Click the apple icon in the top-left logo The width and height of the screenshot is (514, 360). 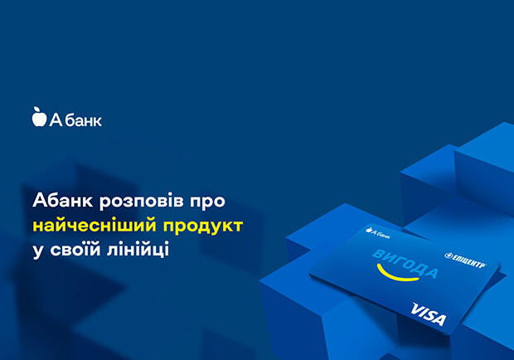pos(39,117)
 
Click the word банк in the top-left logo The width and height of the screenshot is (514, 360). pos(83,120)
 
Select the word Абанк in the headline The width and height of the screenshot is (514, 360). pos(63,201)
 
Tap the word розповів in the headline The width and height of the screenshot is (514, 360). pos(142,202)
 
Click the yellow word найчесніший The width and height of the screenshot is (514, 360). pos(95,226)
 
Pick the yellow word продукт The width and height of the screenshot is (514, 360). pos(203,226)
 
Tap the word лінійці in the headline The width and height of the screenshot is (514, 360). pos(138,249)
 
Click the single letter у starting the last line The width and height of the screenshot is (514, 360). pos(38,252)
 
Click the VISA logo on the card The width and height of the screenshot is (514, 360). pos(429,314)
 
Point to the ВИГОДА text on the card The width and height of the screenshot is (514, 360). pos(405,264)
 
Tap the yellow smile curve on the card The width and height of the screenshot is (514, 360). pos(396,275)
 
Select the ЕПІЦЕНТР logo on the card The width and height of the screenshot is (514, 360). pos(465,260)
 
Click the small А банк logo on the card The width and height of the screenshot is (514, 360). pos(378,232)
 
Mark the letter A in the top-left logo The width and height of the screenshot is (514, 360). pos(56,119)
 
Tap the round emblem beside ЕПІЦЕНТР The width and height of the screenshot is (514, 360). pos(449,255)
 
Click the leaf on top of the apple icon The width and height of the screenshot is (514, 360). pos(36,109)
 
